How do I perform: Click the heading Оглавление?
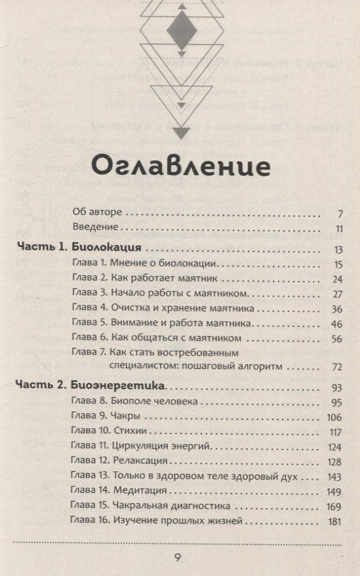tap(180, 165)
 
